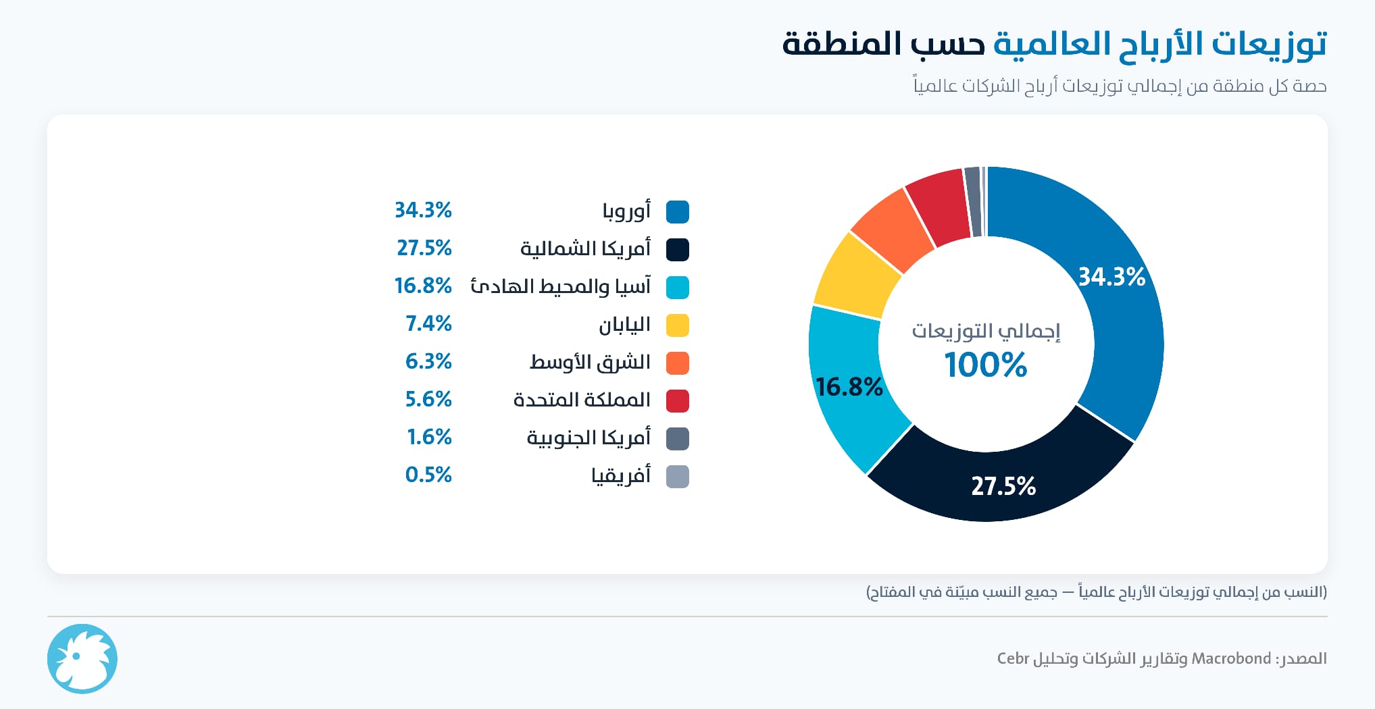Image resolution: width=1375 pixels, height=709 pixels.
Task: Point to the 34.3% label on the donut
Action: [1111, 277]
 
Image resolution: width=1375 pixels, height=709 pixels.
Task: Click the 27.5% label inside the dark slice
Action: [1003, 486]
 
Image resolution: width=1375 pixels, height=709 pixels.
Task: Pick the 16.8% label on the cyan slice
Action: [849, 387]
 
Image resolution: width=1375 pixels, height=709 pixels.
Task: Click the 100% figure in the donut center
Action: [986, 365]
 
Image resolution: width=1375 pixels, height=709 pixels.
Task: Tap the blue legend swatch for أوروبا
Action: [678, 211]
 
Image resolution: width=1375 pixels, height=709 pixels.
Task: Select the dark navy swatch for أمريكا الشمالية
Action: [678, 249]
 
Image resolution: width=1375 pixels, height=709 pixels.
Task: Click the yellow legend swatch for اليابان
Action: [678, 325]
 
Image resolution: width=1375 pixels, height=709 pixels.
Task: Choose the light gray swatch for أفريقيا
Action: [678, 476]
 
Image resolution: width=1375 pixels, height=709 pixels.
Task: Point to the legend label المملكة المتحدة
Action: [582, 400]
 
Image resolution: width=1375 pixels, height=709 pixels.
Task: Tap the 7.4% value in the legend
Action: [428, 324]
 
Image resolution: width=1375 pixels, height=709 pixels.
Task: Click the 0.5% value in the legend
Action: [428, 475]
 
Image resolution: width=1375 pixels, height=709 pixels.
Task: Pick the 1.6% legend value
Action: [429, 438]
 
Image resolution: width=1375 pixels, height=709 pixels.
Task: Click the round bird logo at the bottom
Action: [82, 659]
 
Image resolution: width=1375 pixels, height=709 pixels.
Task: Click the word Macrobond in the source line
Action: [1231, 658]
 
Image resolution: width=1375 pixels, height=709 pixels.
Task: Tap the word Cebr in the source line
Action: [1013, 658]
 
